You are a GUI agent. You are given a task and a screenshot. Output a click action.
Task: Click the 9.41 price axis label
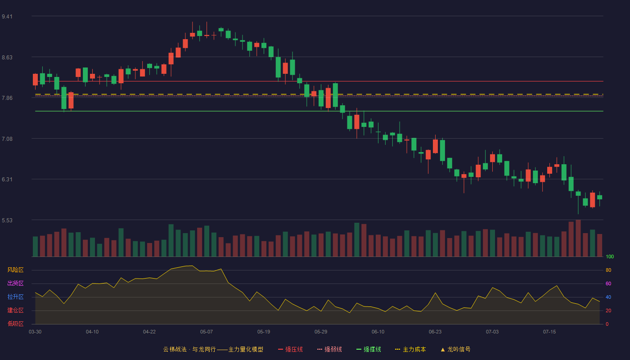7,17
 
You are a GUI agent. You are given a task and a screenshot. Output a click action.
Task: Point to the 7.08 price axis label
7,139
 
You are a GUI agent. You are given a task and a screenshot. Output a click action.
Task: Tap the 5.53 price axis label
7,220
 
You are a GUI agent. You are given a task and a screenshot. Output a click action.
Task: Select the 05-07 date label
207,332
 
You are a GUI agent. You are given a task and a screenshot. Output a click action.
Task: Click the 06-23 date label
435,332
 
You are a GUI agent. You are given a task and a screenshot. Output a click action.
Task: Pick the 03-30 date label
35,332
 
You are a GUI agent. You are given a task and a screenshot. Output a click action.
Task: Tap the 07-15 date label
549,332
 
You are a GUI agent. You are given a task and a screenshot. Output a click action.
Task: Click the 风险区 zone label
15,270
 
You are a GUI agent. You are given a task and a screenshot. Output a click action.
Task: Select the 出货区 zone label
15,283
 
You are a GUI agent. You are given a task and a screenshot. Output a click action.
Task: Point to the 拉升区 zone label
15,297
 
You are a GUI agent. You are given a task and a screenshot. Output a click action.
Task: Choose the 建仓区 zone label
15,310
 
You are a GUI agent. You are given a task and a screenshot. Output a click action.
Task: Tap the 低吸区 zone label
15,324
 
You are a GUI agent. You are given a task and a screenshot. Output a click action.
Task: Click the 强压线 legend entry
290,349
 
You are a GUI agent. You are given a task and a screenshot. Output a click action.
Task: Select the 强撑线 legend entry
369,349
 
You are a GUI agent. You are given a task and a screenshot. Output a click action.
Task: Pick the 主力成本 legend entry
410,349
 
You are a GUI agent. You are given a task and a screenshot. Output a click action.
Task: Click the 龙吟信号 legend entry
455,349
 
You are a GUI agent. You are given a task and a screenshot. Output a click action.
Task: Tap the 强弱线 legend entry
329,349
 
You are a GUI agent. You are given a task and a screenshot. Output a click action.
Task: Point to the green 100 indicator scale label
610,256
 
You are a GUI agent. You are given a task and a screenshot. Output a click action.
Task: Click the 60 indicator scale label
608,283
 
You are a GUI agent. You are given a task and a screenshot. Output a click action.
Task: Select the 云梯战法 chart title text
175,349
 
